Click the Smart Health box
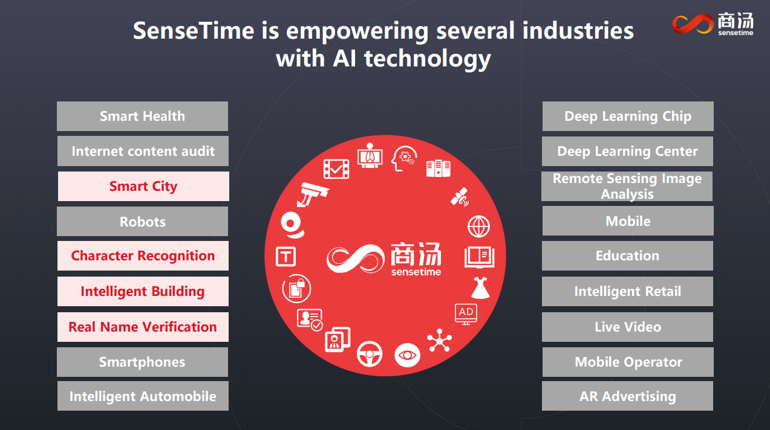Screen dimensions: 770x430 [142, 116]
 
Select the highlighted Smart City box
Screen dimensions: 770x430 [143, 186]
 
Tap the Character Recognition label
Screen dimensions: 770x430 [143, 255]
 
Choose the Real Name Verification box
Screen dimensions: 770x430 [143, 327]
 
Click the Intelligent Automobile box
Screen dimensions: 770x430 [143, 396]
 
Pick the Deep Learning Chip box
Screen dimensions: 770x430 [628, 116]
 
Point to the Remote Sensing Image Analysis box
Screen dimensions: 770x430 [627, 186]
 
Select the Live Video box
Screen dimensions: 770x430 [628, 327]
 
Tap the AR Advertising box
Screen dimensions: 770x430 [628, 396]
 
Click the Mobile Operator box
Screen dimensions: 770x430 [628, 362]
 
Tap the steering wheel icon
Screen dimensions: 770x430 [370, 354]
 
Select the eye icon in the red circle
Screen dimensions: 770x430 [407, 355]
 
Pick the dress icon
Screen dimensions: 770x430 [480, 287]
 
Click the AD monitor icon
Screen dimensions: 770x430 [466, 314]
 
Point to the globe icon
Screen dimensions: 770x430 [478, 226]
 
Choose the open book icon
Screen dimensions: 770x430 [480, 257]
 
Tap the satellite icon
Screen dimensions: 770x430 [460, 197]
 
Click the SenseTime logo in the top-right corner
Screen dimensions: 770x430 [713, 24]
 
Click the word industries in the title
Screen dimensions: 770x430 [578, 31]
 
